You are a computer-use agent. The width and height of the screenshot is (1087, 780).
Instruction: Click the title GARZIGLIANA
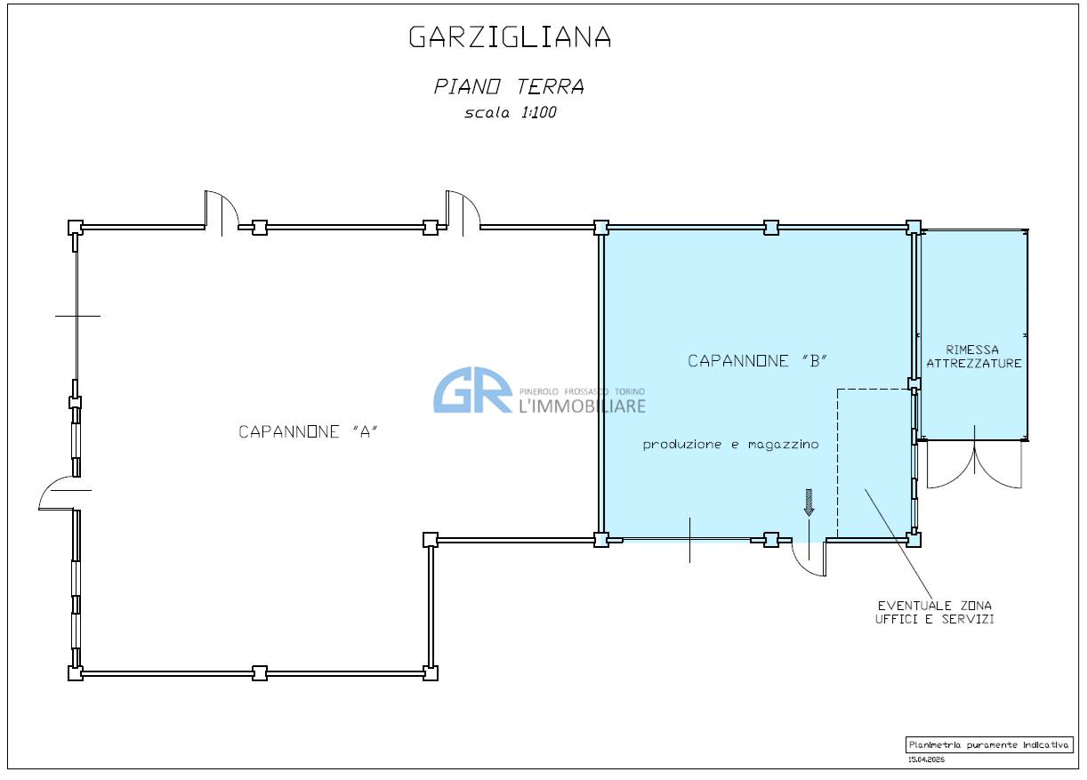click(x=510, y=36)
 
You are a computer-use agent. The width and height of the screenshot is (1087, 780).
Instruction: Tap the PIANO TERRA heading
click(x=509, y=87)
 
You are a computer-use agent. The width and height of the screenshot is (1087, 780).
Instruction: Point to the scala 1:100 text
click(x=510, y=113)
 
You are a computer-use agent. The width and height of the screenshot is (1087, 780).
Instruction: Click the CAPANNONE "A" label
click(x=308, y=431)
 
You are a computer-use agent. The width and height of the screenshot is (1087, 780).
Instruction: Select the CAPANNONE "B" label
click(x=758, y=361)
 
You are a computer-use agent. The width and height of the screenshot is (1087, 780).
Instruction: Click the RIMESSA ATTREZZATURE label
click(x=973, y=357)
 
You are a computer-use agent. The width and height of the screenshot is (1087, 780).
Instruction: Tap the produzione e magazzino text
click(x=730, y=445)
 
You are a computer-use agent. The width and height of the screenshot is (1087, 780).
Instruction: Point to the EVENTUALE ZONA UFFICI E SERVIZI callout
click(x=935, y=612)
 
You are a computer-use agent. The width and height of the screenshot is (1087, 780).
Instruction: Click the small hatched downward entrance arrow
click(x=809, y=502)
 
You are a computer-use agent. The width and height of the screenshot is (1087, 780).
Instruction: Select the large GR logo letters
click(x=472, y=390)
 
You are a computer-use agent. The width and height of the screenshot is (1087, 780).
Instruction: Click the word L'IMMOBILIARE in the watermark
click(x=583, y=406)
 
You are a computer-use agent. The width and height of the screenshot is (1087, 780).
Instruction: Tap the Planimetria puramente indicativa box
click(x=989, y=744)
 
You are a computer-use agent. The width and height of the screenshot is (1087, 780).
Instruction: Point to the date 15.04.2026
click(x=926, y=760)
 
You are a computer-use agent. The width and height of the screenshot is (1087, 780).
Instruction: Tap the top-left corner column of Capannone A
click(x=76, y=228)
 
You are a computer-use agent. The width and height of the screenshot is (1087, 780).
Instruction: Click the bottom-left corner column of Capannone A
click(x=76, y=673)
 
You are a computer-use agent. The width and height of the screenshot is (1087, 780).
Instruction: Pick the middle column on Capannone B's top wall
click(x=771, y=228)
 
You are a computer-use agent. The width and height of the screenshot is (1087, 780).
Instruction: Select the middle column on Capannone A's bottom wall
click(x=260, y=673)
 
